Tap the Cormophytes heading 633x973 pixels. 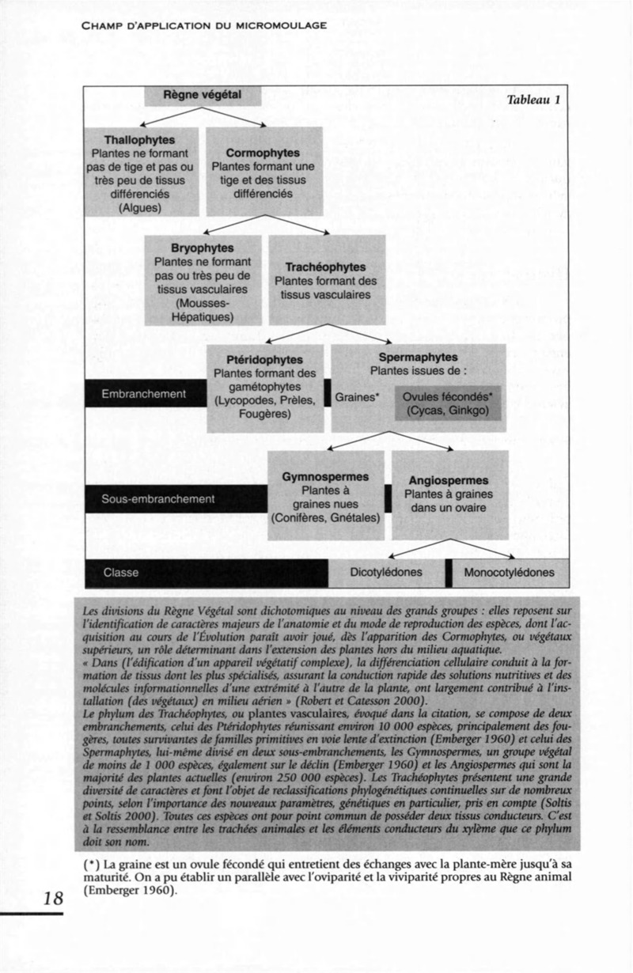pyautogui.click(x=263, y=153)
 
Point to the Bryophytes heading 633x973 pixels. pyautogui.click(x=203, y=248)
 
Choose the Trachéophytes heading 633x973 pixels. pyautogui.click(x=326, y=267)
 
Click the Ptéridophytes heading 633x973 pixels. pyautogui.click(x=265, y=359)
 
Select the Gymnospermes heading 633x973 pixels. pyautogui.click(x=325, y=477)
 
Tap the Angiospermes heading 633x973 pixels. pyautogui.click(x=449, y=481)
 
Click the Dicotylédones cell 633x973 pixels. pyautogui.click(x=386, y=573)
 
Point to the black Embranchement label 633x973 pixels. pyautogui.click(x=144, y=394)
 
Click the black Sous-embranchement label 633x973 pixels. pyautogui.click(x=158, y=499)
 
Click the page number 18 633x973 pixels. pyautogui.click(x=54, y=898)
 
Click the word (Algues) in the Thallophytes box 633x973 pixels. pyautogui.click(x=140, y=208)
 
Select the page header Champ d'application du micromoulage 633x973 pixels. pyautogui.click(x=204, y=25)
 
